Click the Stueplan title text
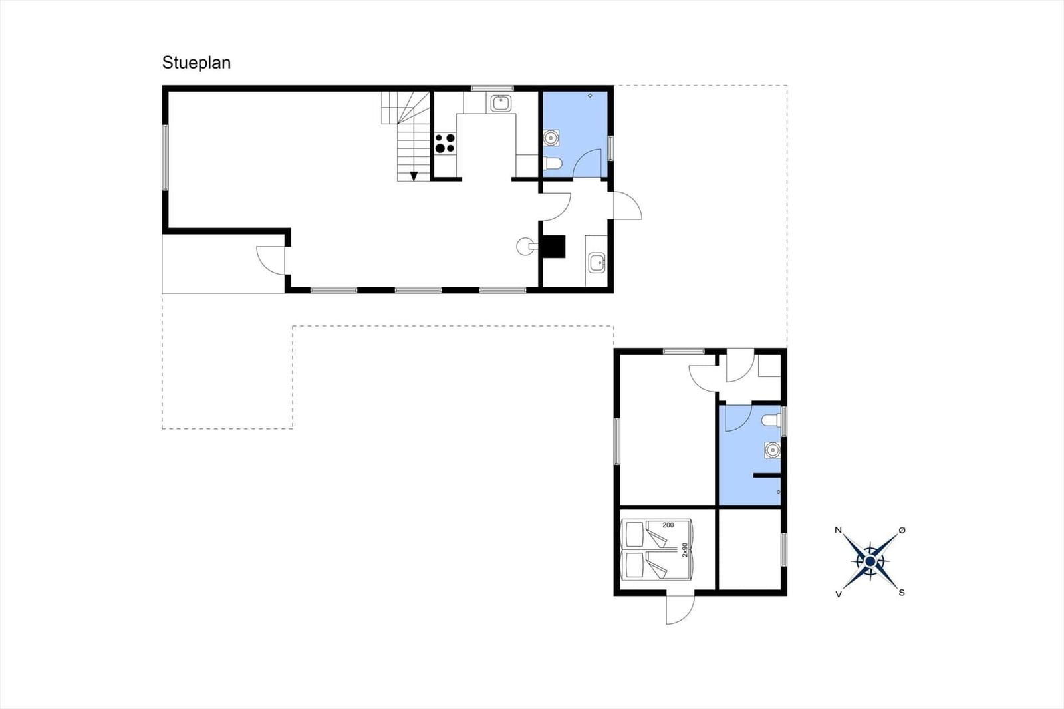[x=196, y=63]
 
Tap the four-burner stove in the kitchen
[x=445, y=143]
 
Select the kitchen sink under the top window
[x=501, y=103]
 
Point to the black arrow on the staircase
[x=414, y=176]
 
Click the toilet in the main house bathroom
[x=553, y=164]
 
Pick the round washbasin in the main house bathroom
[x=551, y=138]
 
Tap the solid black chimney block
[x=554, y=247]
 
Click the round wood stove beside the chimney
[x=525, y=246]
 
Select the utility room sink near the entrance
[x=597, y=263]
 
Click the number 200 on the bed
[x=668, y=525]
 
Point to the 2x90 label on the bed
[x=684, y=550]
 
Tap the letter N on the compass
[x=839, y=530]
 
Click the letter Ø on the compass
[x=902, y=530]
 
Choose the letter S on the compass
[x=902, y=593]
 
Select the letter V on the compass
[x=839, y=594]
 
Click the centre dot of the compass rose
[x=870, y=562]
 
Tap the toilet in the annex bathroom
[x=771, y=420]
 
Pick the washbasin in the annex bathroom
[x=772, y=450]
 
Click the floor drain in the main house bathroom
[x=590, y=96]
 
